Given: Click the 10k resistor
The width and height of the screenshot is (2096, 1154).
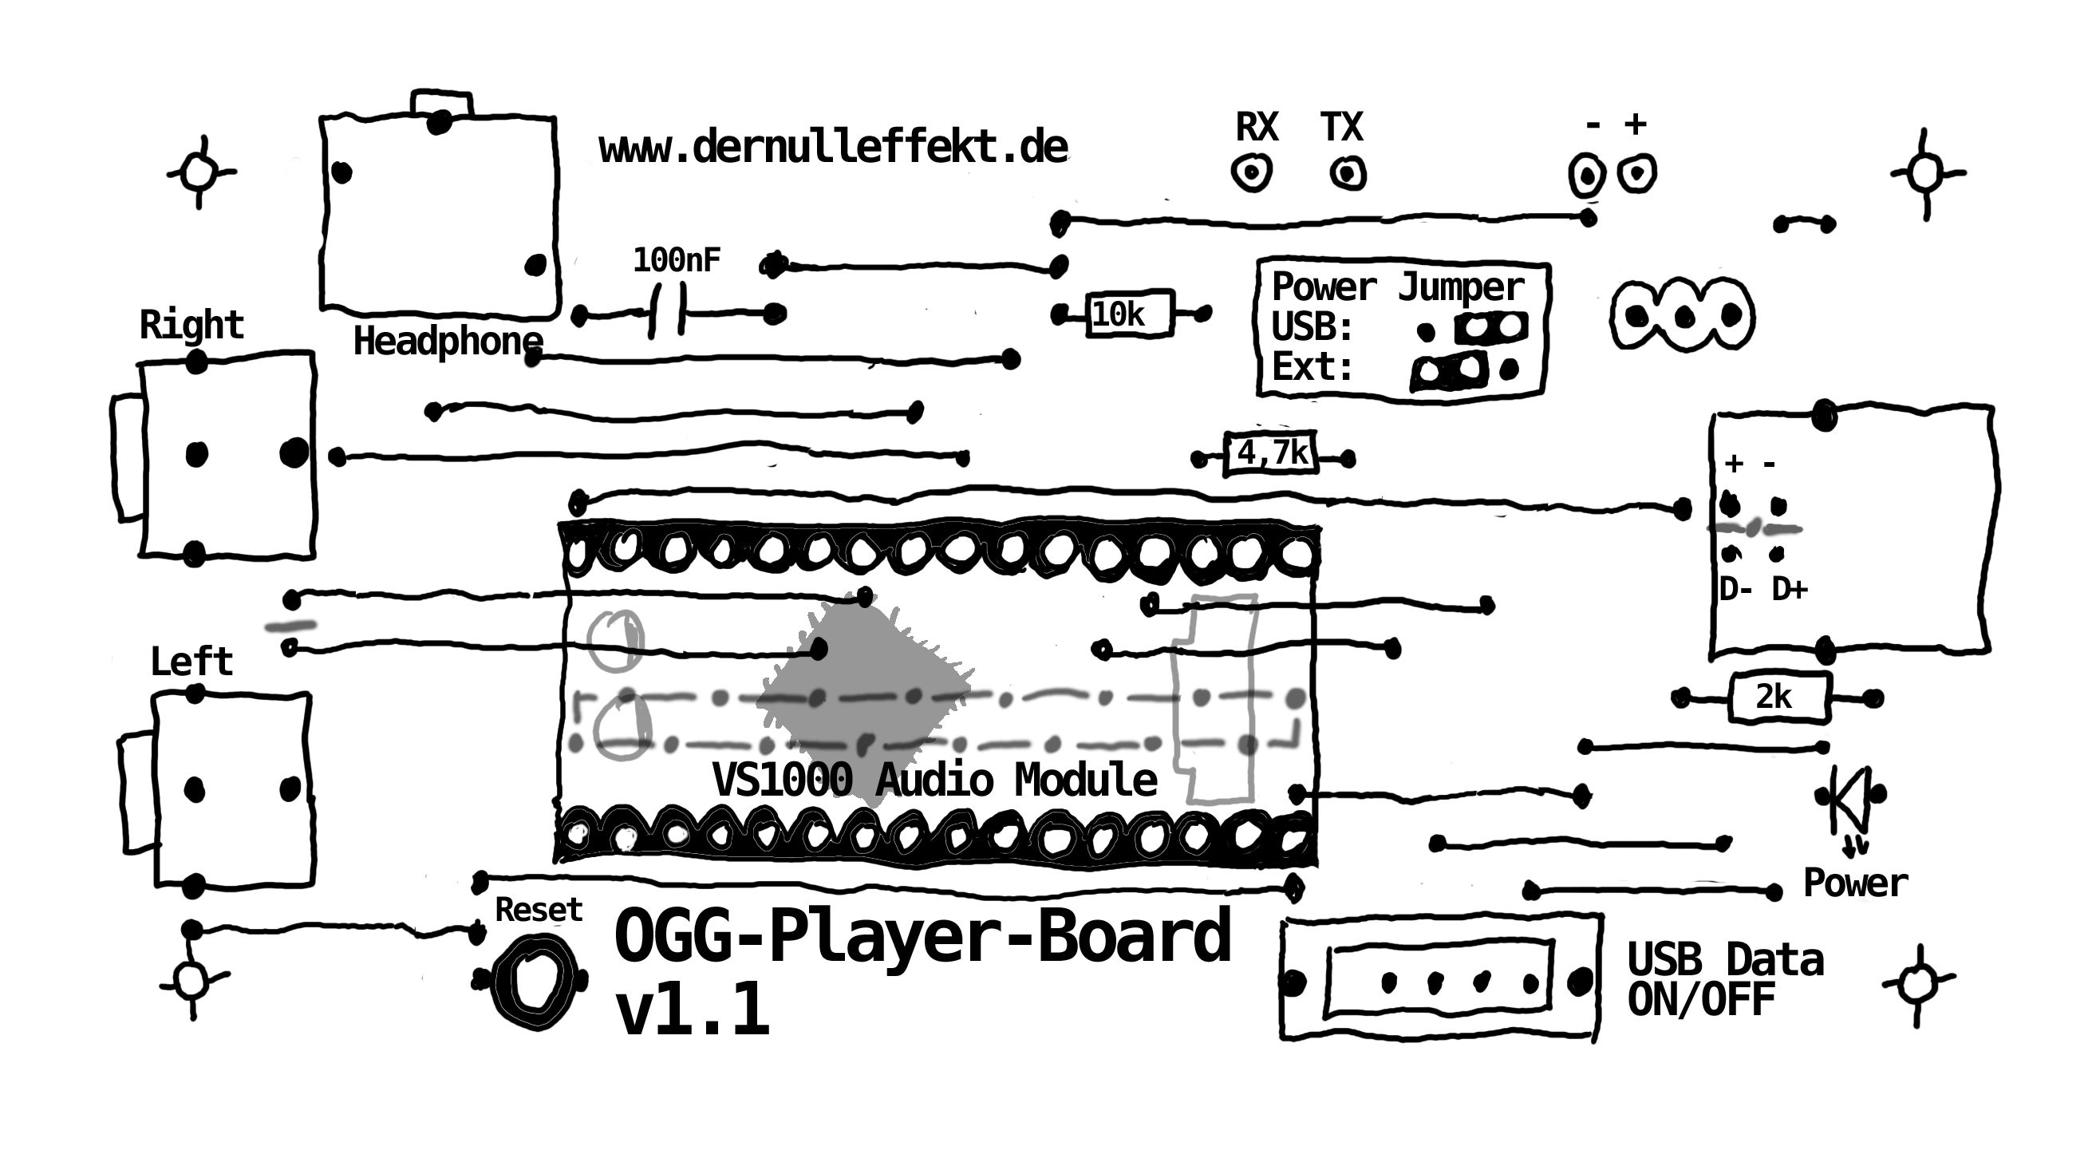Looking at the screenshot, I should pyautogui.click(x=1128, y=314).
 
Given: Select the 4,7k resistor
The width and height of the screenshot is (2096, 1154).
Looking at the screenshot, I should pyautogui.click(x=1272, y=453).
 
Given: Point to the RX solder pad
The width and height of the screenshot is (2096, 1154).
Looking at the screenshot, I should pyautogui.click(x=1251, y=172).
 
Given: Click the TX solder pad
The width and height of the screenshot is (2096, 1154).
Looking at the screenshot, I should pyautogui.click(x=1348, y=173).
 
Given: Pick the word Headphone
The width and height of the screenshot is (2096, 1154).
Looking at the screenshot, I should pyautogui.click(x=448, y=342).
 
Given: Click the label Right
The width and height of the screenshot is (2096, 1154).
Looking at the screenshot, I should pyautogui.click(x=191, y=325).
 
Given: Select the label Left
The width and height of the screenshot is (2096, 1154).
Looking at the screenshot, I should pyautogui.click(x=191, y=662).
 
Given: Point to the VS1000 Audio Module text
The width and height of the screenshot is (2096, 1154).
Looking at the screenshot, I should pyautogui.click(x=934, y=780).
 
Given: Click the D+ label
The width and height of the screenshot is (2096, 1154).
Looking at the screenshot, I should pyautogui.click(x=1790, y=589).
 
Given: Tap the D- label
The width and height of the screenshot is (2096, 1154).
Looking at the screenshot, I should pyautogui.click(x=1735, y=589).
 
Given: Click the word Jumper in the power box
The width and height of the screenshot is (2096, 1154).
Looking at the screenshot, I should pyautogui.click(x=1461, y=287).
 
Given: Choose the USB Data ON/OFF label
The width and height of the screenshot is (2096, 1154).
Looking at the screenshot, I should pyautogui.click(x=1725, y=981).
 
